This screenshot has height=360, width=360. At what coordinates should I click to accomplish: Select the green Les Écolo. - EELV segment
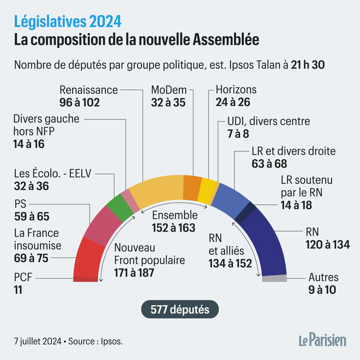click(x=120, y=208)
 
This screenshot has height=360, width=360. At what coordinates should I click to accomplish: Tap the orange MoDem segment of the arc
click(x=192, y=188)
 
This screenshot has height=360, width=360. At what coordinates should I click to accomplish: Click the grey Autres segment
click(x=274, y=278)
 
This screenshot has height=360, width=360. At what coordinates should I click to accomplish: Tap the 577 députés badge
click(x=180, y=309)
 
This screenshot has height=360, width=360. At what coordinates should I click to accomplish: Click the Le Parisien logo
click(x=322, y=340)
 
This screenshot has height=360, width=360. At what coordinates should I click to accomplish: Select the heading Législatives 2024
click(x=68, y=21)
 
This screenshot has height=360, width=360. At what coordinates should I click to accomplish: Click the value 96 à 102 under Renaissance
click(x=79, y=102)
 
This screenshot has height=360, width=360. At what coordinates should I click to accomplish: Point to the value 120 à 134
click(x=328, y=244)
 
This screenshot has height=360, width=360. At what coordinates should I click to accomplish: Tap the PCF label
click(x=23, y=277)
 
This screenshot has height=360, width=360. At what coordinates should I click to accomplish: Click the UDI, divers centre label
click(x=269, y=121)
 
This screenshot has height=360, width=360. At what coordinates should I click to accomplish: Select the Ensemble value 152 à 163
click(x=174, y=228)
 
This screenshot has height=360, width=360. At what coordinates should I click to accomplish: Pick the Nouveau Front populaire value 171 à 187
click(x=134, y=273)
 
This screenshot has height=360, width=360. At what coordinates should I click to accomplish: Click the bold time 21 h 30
click(x=308, y=65)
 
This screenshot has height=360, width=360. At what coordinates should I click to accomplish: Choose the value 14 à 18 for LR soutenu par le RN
click(x=296, y=205)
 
